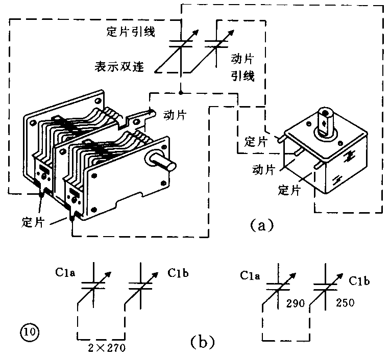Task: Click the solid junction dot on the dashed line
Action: coord(181,93)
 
